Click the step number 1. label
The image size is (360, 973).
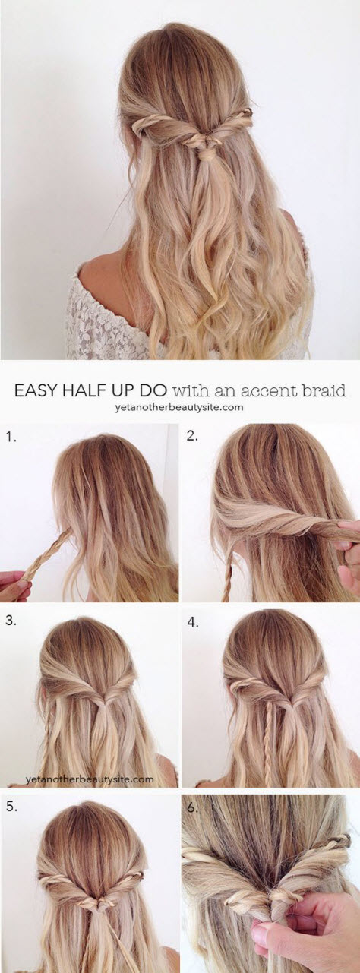point(11,438)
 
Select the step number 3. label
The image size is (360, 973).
point(11,621)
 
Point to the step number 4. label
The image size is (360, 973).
point(193,622)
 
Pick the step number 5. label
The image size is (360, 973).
point(11,807)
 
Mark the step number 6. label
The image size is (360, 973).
point(193,809)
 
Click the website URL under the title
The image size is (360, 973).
point(179,407)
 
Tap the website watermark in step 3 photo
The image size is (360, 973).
point(90,779)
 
